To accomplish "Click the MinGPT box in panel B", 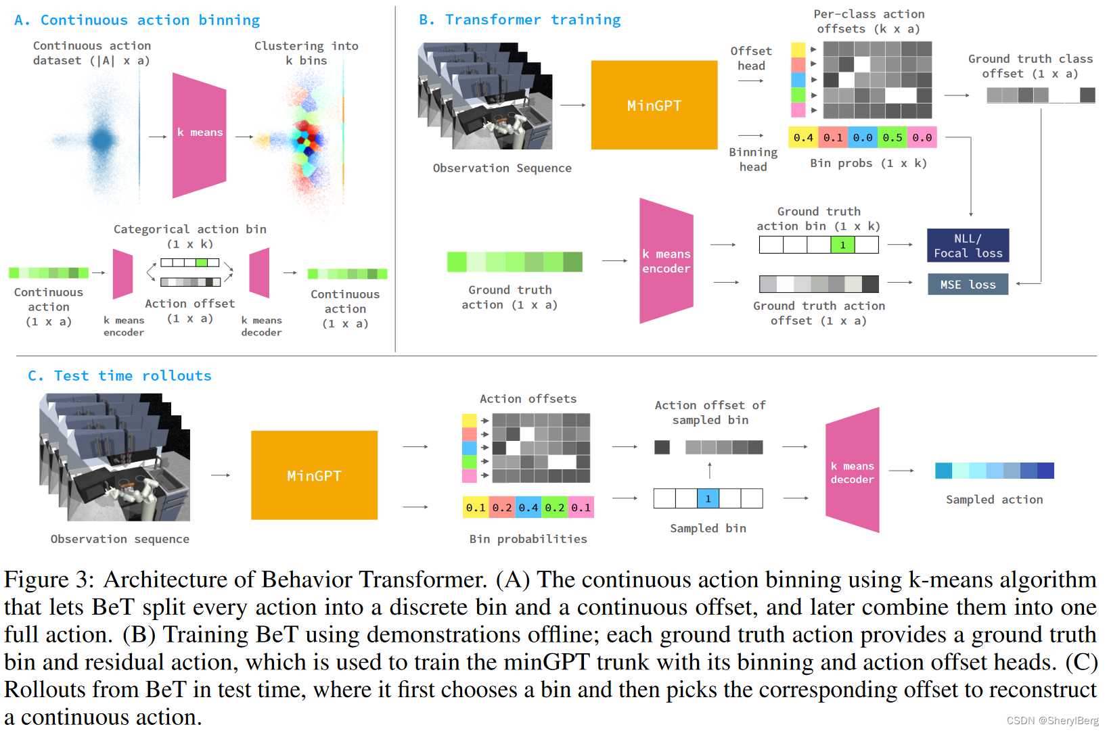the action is (654, 105).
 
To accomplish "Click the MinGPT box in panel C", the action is (314, 475).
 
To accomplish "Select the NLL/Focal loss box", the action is (968, 245).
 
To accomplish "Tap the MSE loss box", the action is (968, 285).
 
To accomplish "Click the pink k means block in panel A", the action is (199, 135).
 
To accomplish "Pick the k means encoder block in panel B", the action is (666, 261).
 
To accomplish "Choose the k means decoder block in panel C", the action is (853, 471).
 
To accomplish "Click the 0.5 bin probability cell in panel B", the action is (892, 137).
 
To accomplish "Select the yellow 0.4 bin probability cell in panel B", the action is (803, 137).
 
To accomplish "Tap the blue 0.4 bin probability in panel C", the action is (528, 507).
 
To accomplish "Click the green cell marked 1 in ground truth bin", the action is (842, 245).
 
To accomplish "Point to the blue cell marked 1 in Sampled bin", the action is (708, 498).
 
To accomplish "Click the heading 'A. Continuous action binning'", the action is (137, 20).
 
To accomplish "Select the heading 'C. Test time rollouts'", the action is (120, 376).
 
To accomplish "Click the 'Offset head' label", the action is (751, 58).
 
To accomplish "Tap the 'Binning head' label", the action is (753, 160).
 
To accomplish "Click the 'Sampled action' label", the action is (994, 500).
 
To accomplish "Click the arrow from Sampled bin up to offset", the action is (709, 470).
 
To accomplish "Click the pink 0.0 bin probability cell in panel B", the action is (922, 137).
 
